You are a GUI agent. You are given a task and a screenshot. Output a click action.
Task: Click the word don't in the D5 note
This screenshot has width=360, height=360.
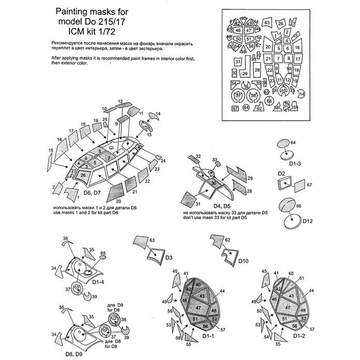point(188,218)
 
